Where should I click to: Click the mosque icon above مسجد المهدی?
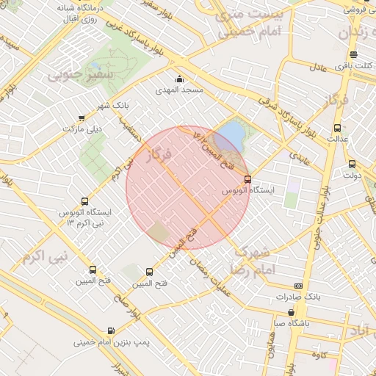[178, 79]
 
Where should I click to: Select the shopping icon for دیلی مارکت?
[82, 117]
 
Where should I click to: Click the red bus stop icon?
[247, 178]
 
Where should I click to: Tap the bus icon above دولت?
[351, 164]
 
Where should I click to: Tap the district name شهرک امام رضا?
[251, 260]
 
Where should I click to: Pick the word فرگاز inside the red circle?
[158, 155]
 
